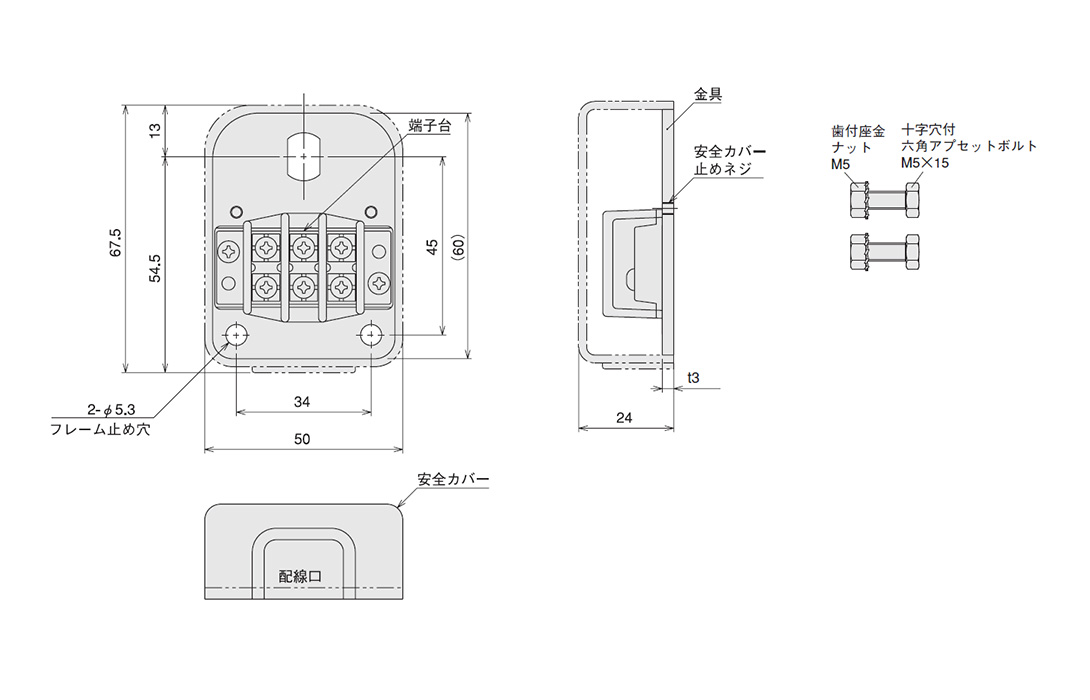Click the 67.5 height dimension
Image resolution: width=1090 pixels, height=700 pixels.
(x=117, y=243)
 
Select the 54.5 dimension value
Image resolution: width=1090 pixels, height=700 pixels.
(x=155, y=268)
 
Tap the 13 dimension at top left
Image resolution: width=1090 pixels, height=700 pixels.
(x=155, y=130)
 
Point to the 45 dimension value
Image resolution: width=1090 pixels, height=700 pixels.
(x=432, y=246)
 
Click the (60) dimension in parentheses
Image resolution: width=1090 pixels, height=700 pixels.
(x=457, y=246)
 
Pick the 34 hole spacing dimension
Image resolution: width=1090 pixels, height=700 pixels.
(x=303, y=402)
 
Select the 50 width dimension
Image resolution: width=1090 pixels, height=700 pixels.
(x=303, y=439)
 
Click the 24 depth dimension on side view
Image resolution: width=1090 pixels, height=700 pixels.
(x=624, y=419)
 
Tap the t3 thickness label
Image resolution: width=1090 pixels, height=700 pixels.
(x=692, y=378)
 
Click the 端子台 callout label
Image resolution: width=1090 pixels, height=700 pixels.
(x=430, y=126)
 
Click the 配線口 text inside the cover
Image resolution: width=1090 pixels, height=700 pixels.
(x=301, y=576)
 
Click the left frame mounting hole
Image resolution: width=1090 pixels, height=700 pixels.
(x=237, y=334)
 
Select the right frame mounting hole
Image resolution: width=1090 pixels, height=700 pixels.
(x=371, y=334)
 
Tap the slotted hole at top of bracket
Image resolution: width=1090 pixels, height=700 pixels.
(x=304, y=156)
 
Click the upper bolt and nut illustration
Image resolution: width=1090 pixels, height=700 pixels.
(x=884, y=202)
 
